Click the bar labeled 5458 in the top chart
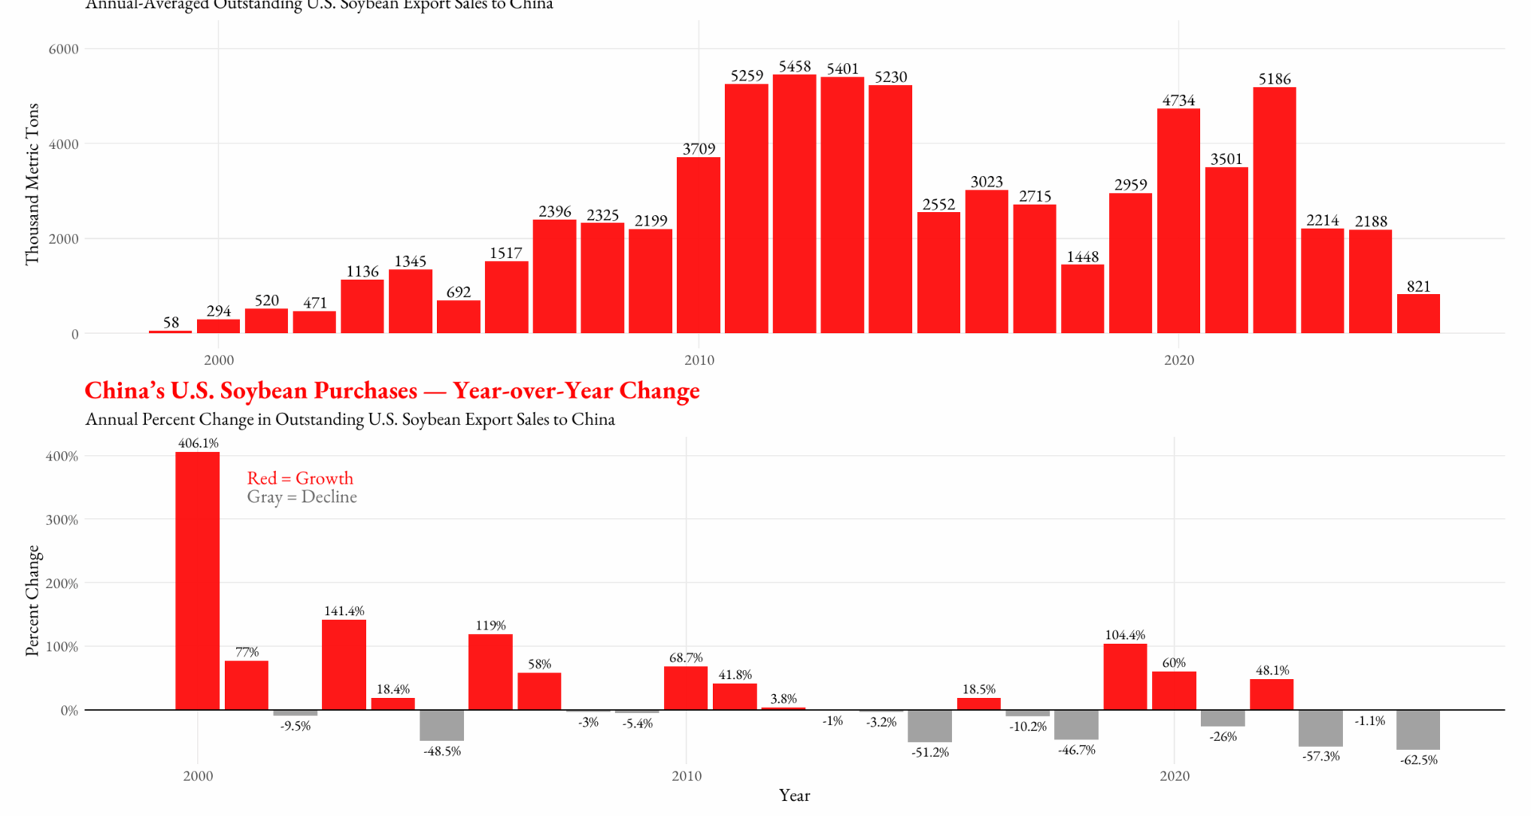click(794, 204)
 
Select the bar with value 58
click(171, 331)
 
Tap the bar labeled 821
click(1418, 314)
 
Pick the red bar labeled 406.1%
click(198, 580)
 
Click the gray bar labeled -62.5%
click(1418, 729)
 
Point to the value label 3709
click(699, 149)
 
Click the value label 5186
click(1274, 79)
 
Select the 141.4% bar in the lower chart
click(344, 665)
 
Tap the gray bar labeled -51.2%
click(930, 725)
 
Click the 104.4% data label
click(1125, 635)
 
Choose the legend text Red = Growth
click(300, 478)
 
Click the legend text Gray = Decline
click(301, 497)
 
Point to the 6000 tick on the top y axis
click(64, 49)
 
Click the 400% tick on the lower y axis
click(62, 457)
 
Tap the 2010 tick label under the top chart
click(699, 360)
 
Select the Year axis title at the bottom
click(794, 795)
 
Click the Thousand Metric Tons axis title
click(32, 184)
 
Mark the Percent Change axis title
click(32, 601)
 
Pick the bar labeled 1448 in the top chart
click(1082, 299)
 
